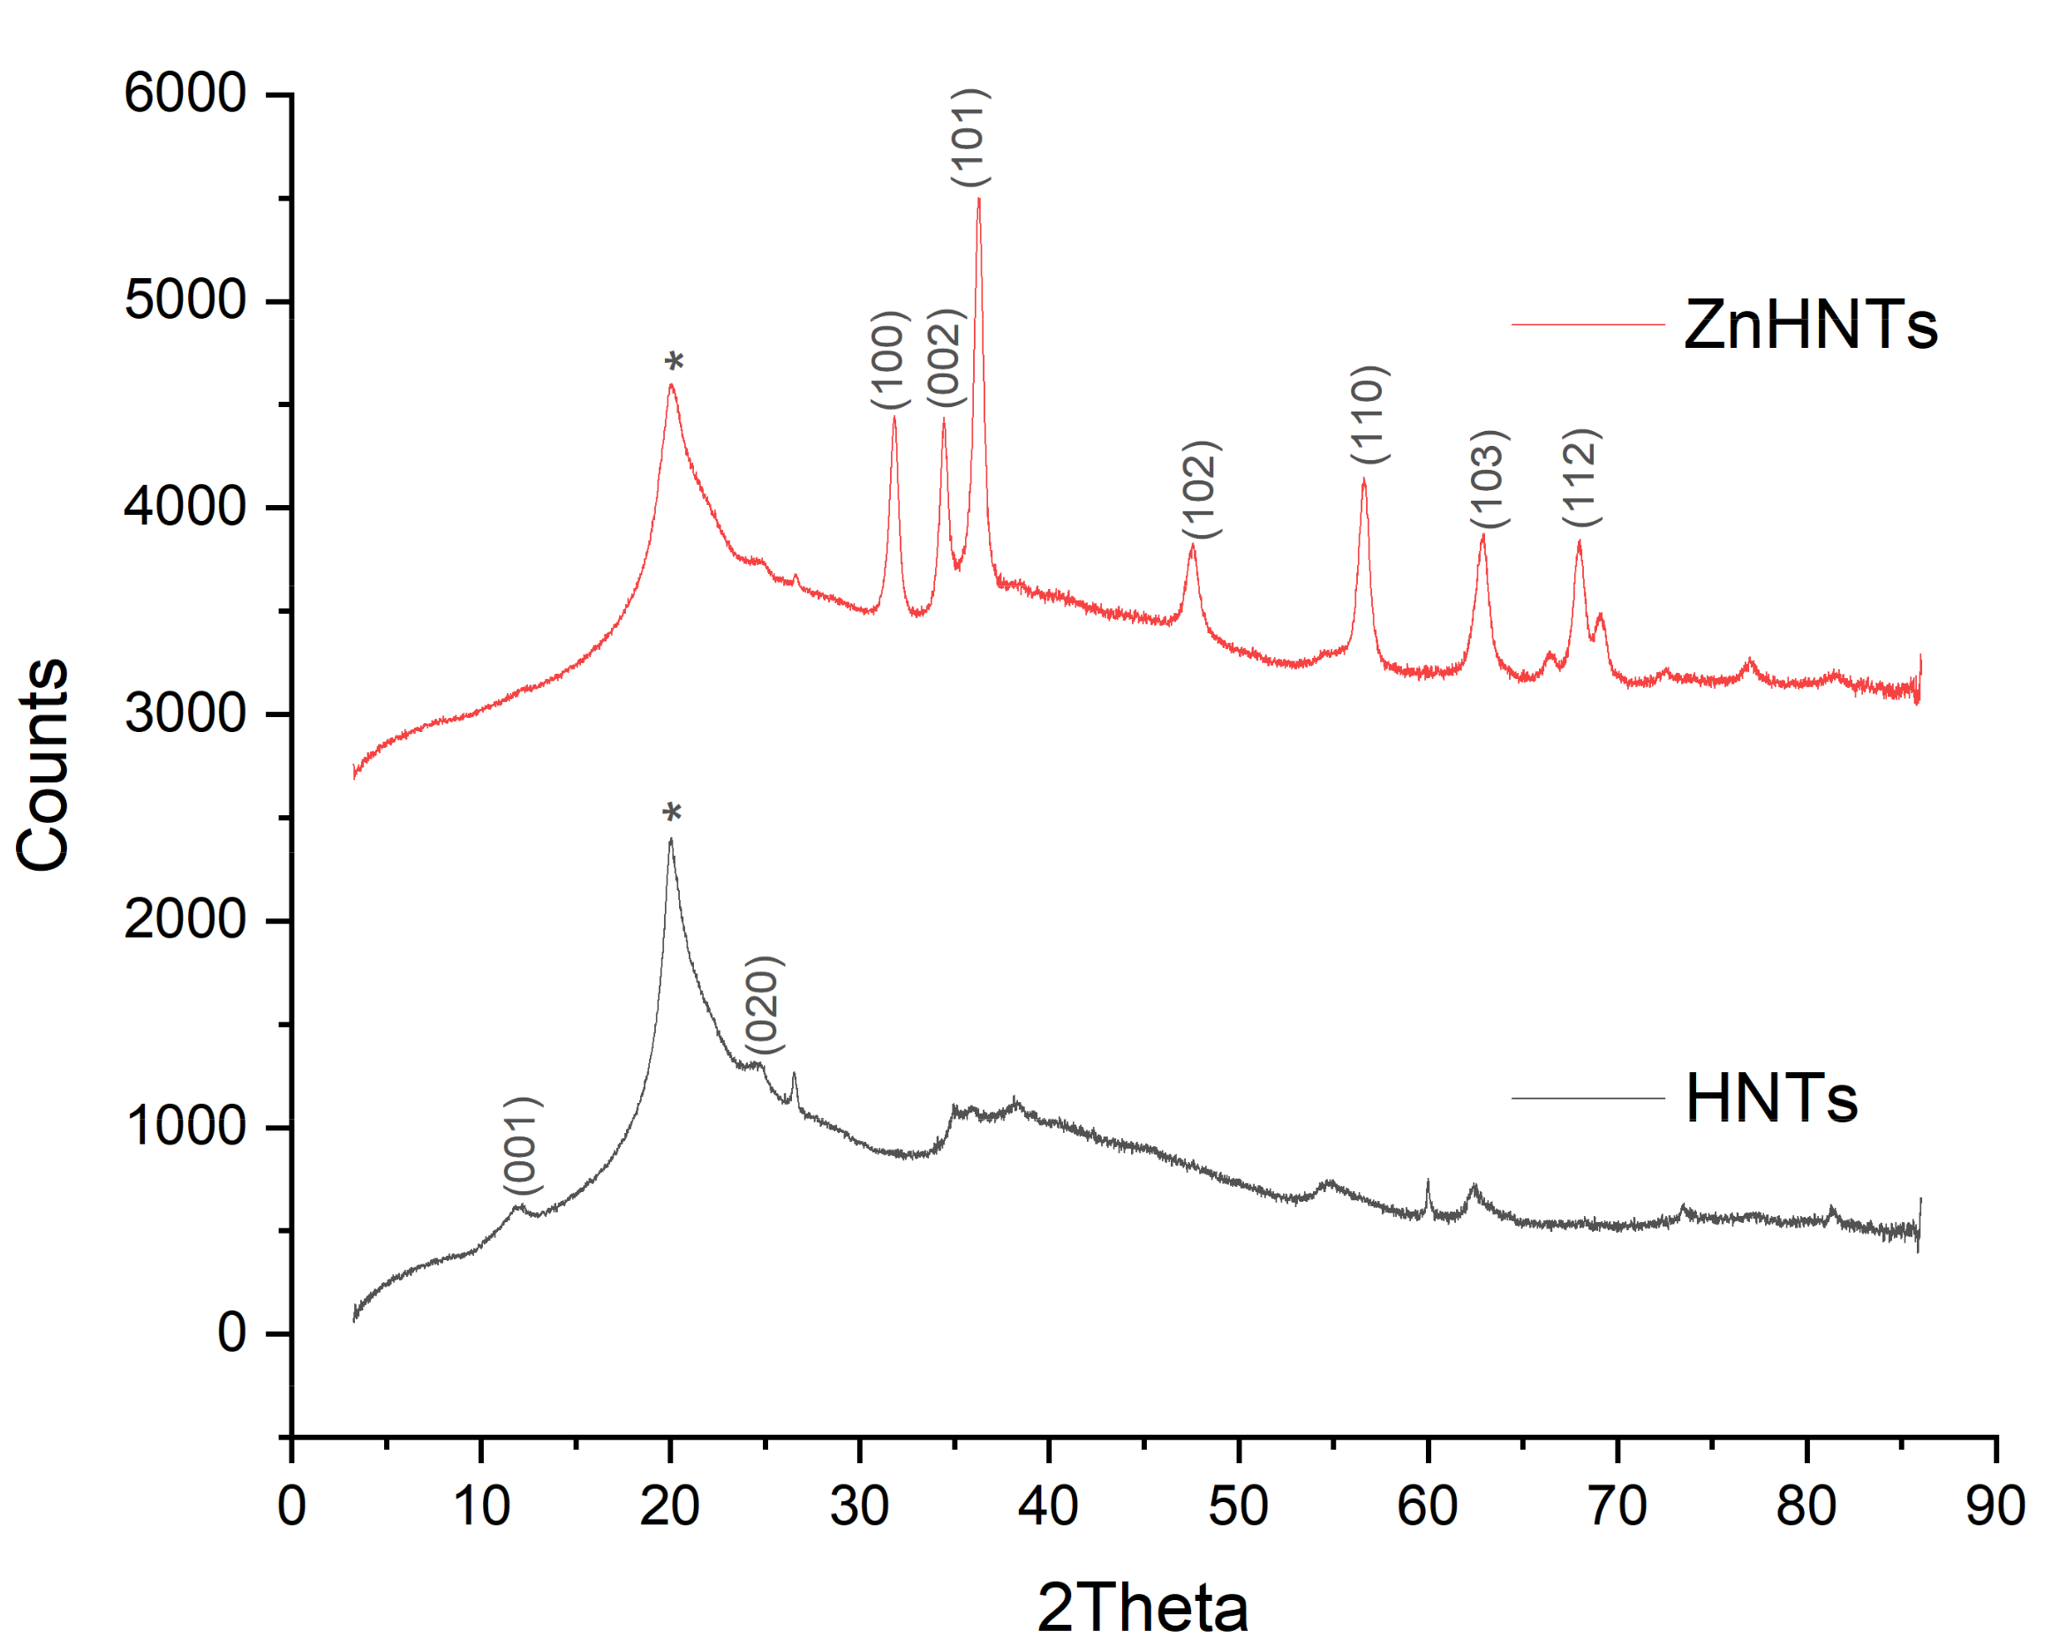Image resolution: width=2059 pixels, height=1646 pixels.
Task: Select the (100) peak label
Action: tap(890, 360)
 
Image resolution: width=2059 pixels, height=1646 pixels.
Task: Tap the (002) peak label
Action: tap(947, 359)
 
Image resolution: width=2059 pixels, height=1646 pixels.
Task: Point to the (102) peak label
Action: tap(1202, 490)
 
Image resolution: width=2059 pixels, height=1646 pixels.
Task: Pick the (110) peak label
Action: tap(1369, 415)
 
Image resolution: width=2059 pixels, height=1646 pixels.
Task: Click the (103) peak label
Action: tap(1489, 479)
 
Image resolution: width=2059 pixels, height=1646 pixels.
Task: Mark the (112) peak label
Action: tap(1582, 478)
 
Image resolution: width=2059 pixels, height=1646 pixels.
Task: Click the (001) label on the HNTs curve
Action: tap(524, 1145)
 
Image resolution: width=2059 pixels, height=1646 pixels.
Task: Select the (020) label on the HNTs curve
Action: tap(764, 1005)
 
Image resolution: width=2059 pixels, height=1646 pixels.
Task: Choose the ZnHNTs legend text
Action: tap(1810, 326)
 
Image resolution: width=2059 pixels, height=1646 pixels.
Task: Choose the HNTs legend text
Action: tap(1771, 1099)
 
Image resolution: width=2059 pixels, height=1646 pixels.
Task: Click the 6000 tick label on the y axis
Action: tap(185, 94)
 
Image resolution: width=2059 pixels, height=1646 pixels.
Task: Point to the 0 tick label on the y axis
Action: tap(232, 1333)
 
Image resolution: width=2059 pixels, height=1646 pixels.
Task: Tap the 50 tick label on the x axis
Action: tap(1239, 1506)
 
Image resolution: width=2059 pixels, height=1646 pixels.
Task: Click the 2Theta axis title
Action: tap(1143, 1608)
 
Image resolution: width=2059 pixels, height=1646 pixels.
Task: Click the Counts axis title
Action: tap(43, 764)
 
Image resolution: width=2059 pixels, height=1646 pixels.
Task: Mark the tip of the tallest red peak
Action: tap(979, 199)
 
